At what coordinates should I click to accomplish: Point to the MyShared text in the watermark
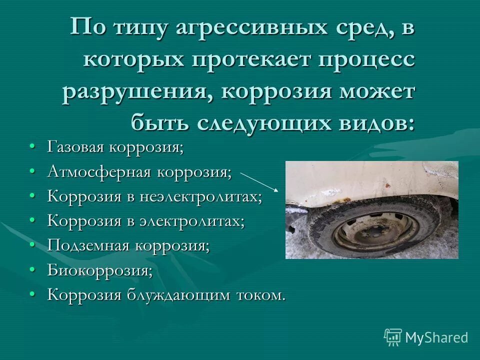click(436, 337)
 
